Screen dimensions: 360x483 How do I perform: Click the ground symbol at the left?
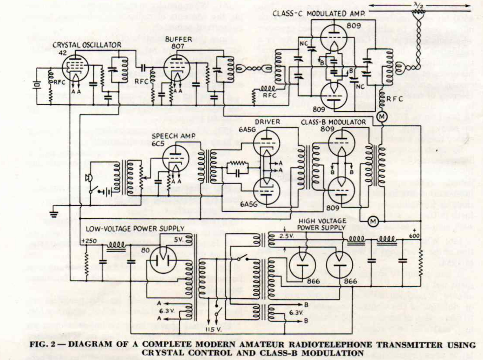pyautogui.click(x=54, y=213)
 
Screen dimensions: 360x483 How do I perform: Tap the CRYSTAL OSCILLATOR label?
pyautogui.click(x=87, y=45)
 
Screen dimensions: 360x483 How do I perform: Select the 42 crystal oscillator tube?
pyautogui.click(x=75, y=68)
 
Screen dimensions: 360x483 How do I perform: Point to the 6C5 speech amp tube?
pyautogui.click(x=176, y=158)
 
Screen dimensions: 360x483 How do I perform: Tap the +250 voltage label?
pyautogui.click(x=89, y=241)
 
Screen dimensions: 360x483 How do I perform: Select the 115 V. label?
pyautogui.click(x=213, y=330)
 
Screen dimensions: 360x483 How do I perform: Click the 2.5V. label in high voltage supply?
pyautogui.click(x=286, y=236)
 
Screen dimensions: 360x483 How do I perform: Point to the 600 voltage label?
pyautogui.click(x=414, y=236)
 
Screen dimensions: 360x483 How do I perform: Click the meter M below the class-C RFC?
pyautogui.click(x=382, y=117)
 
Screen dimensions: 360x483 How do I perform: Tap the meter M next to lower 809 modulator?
pyautogui.click(x=373, y=222)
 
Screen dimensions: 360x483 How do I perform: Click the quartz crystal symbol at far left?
pyautogui.click(x=36, y=85)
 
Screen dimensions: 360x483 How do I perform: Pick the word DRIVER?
pyautogui.click(x=267, y=122)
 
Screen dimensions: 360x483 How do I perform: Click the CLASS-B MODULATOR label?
pyautogui.click(x=333, y=122)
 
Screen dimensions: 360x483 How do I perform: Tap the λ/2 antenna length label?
pyautogui.click(x=419, y=5)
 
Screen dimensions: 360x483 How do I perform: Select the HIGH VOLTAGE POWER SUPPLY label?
pyautogui.click(x=322, y=224)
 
